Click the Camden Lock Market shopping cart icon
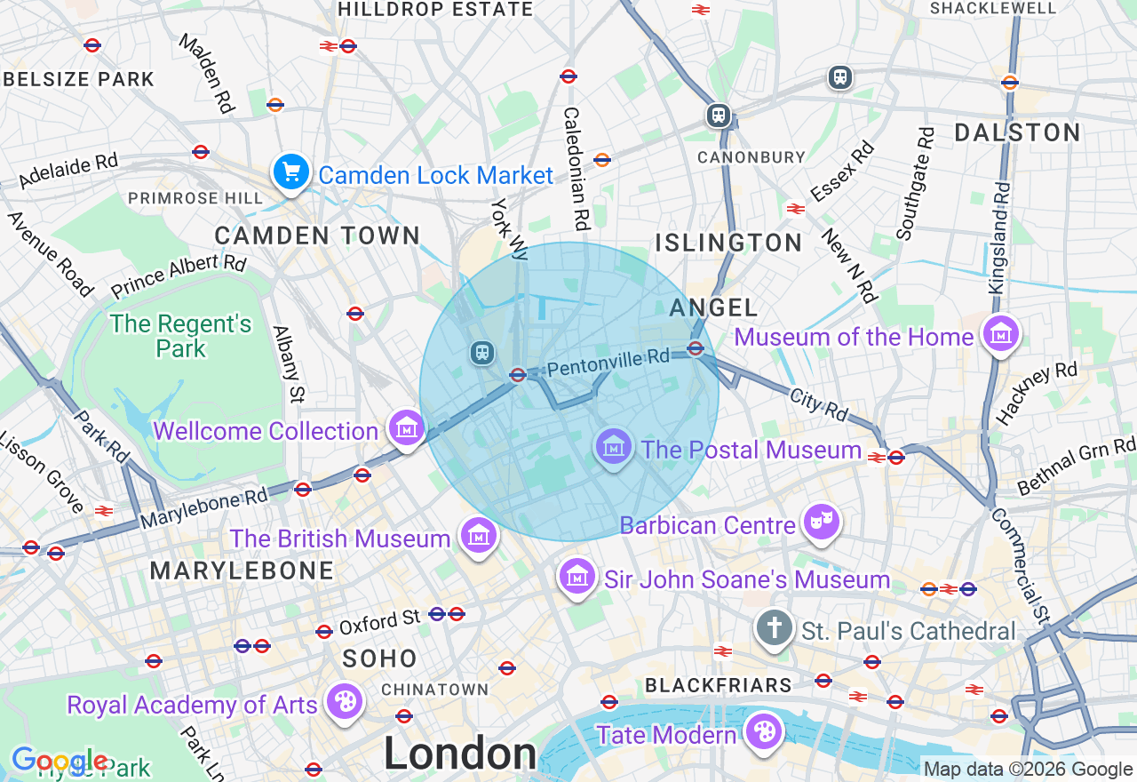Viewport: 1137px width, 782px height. [291, 172]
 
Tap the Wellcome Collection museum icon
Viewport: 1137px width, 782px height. [406, 428]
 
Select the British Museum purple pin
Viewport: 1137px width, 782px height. [479, 536]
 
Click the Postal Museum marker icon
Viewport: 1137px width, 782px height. [614, 446]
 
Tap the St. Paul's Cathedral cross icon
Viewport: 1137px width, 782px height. [774, 628]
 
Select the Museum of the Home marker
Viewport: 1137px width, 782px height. [1001, 334]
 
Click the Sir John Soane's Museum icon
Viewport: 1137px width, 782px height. [577, 577]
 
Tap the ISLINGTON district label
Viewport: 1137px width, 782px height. [728, 243]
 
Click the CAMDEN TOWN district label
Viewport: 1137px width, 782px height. [317, 235]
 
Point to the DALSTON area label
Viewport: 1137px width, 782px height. [1017, 133]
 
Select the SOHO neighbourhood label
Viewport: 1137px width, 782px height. [379, 658]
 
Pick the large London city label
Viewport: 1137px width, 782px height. [460, 754]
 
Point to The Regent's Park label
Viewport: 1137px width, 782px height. [181, 336]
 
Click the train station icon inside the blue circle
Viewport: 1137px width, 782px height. [482, 353]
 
